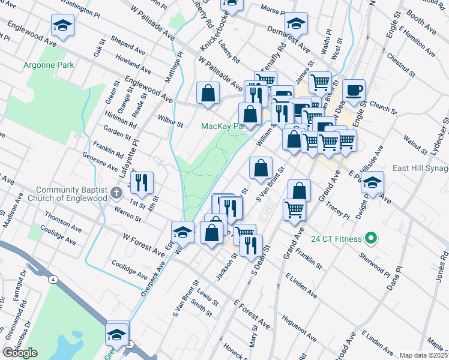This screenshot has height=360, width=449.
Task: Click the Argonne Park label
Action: [x=48, y=64]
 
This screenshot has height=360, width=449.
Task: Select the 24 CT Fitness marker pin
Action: [x=370, y=239]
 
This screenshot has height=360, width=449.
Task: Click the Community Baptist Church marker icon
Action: [x=118, y=193]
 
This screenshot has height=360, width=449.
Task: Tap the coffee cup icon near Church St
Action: [x=354, y=90]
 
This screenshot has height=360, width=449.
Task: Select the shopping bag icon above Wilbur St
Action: [x=208, y=93]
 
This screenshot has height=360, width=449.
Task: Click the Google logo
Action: [x=20, y=353]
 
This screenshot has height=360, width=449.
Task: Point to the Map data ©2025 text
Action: [x=423, y=355]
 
